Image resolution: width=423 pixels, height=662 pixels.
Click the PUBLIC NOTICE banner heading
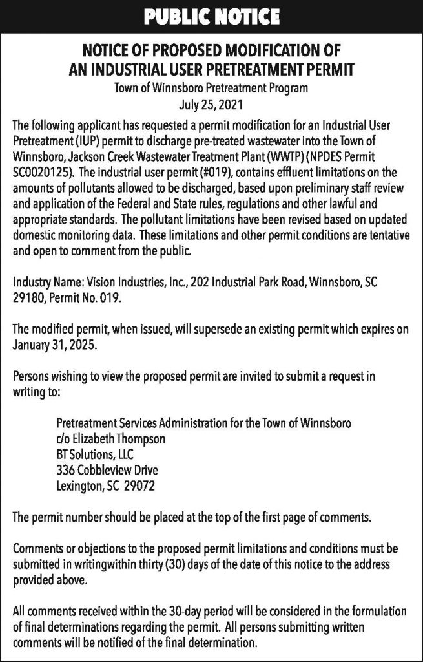click(211, 15)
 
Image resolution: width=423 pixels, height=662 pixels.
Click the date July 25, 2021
click(211, 102)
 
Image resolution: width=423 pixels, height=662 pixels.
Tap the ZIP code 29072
click(138, 484)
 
